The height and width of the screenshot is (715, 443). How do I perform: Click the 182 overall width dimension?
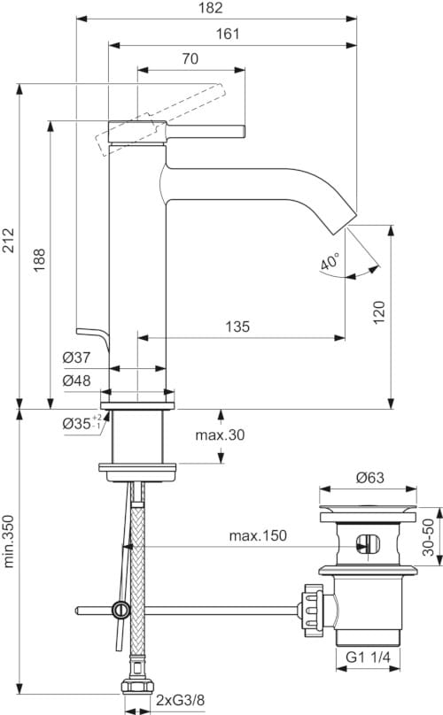(210, 8)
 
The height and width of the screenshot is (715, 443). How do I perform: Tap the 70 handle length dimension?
(189, 58)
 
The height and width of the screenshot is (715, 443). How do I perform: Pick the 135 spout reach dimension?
(237, 327)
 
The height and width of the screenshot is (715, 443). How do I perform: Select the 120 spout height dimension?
(379, 311)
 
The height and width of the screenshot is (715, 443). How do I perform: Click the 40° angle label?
(330, 263)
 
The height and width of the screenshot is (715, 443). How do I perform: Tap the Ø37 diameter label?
(76, 357)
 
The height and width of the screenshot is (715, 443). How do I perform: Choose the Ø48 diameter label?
(76, 381)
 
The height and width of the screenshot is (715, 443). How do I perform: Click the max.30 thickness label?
(220, 435)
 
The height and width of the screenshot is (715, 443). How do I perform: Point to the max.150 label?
(260, 536)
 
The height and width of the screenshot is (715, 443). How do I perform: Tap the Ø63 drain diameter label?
(369, 477)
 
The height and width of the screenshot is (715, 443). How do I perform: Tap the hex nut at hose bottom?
(136, 688)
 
